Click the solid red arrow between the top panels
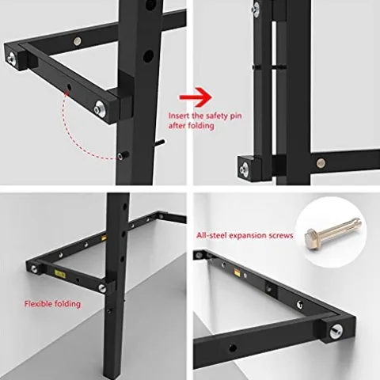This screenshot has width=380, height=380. pyautogui.click(x=196, y=97)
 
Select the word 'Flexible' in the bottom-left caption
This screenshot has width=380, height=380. pyautogui.click(x=38, y=304)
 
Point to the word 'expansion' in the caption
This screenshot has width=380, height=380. pyautogui.click(x=247, y=236)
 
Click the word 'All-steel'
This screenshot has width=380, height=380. pyautogui.click(x=211, y=235)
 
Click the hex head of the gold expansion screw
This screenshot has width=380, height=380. pyautogui.click(x=312, y=238)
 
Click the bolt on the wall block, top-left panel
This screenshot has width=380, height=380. pyautogui.click(x=11, y=58)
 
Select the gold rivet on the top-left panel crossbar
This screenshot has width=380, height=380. pyautogui.click(x=78, y=41)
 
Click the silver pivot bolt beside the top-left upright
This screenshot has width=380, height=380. pyautogui.click(x=101, y=109)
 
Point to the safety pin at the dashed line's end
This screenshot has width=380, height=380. pyautogui.click(x=123, y=155)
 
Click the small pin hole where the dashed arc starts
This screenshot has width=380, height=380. pyautogui.click(x=69, y=86)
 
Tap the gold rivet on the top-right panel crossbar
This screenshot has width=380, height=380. pyautogui.click(x=321, y=163)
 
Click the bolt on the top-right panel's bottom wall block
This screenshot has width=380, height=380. pyautogui.click(x=245, y=168)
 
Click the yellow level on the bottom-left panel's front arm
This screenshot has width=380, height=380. pyautogui.click(x=59, y=274)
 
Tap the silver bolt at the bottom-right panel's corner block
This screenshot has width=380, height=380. pyautogui.click(x=336, y=332)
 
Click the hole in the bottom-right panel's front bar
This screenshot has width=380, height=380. pyautogui.click(x=233, y=348)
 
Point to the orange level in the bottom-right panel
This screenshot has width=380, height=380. pyautogui.click(x=237, y=272)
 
